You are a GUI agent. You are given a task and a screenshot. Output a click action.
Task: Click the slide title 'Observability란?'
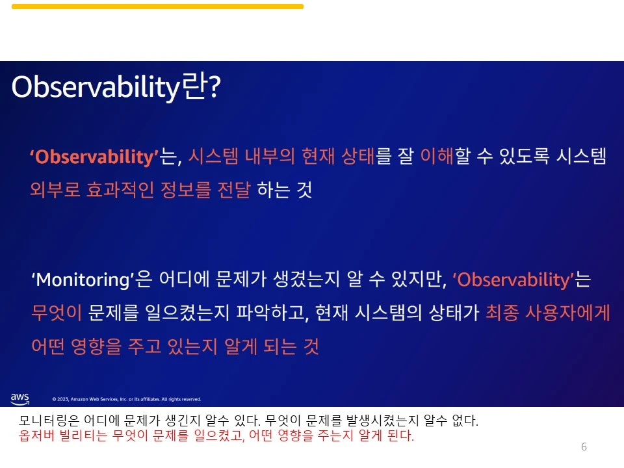pyautogui.click(x=117, y=88)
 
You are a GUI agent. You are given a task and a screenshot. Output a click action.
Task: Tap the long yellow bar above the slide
pyautogui.click(x=157, y=6)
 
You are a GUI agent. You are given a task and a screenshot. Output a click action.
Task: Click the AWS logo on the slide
pyautogui.click(x=19, y=397)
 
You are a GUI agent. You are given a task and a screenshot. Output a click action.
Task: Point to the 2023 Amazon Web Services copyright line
pyautogui.click(x=126, y=399)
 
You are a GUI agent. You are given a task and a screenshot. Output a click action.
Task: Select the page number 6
pyautogui.click(x=584, y=447)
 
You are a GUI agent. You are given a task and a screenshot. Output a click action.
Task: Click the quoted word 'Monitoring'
pyautogui.click(x=82, y=280)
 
